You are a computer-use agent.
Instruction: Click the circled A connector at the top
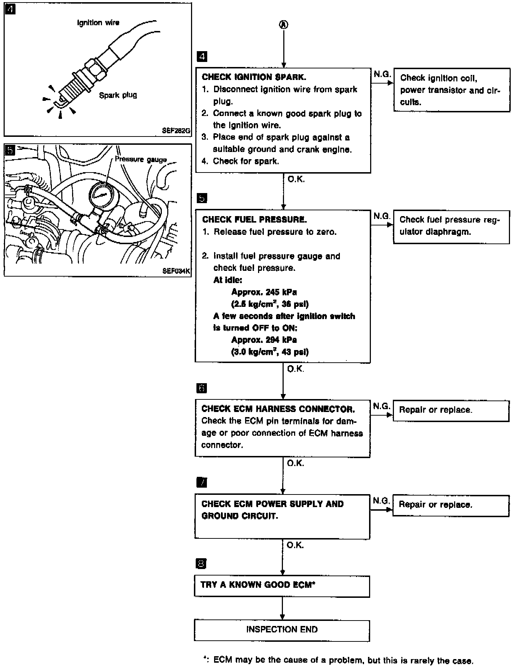pos(284,24)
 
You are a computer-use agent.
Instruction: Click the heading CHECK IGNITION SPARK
pos(254,77)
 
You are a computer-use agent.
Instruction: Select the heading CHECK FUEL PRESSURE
pos(254,219)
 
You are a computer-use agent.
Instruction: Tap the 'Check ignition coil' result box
pos(452,90)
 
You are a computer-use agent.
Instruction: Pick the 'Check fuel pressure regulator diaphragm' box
pos(451,227)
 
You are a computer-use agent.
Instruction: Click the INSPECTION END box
pos(282,630)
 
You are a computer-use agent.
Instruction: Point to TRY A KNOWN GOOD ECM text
pos(258,585)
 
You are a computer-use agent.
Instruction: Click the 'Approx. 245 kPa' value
pos(264,292)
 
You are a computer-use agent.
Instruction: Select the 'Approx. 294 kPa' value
pos(264,340)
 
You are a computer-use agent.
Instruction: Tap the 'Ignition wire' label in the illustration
pos(98,23)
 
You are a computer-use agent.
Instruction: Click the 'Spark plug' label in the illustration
pos(118,95)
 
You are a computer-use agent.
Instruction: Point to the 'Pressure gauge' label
pos(141,160)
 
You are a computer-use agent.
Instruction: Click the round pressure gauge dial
pos(101,195)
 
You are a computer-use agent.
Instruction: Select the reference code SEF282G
pos(176,131)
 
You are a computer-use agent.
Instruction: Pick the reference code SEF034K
pos(176,271)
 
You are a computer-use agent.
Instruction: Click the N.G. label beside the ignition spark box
pos(382,74)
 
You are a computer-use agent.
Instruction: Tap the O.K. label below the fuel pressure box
pos(296,369)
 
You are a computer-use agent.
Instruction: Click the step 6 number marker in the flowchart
pos(201,388)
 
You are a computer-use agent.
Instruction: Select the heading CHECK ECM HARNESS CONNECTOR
pos(278,409)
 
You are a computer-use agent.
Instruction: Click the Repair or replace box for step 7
pos(451,505)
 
